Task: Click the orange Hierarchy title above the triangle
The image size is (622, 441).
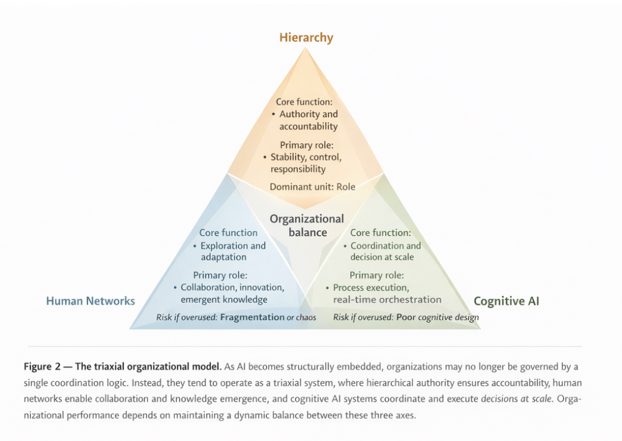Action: tap(306, 38)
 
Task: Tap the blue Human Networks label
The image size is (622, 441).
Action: tap(91, 300)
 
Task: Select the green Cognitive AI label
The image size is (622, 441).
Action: tap(506, 300)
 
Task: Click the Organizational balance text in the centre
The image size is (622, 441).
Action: tap(306, 225)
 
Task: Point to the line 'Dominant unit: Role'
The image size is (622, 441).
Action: tap(313, 186)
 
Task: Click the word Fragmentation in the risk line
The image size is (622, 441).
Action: tap(252, 317)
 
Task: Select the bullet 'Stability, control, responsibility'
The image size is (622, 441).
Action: tap(305, 163)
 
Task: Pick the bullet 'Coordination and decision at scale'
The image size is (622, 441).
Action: tap(385, 251)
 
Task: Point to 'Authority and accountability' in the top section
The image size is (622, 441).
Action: tap(308, 120)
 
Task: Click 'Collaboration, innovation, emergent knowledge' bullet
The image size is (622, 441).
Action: tap(232, 293)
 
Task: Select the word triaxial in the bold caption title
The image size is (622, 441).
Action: tap(115, 366)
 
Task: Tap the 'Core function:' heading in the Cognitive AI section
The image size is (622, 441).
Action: tap(381, 232)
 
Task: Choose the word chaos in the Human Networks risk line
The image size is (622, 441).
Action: tap(306, 318)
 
